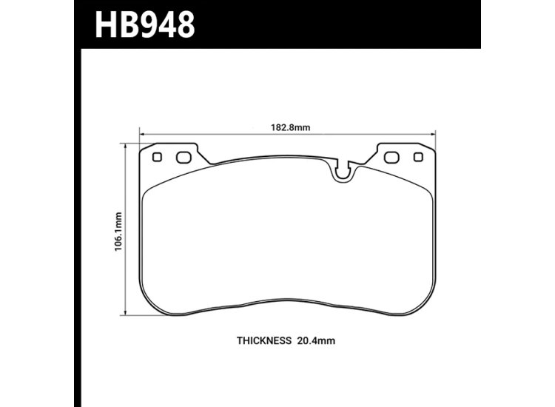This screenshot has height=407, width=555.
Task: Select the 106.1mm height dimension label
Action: tap(118, 230)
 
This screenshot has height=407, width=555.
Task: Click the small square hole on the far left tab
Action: tap(156, 157)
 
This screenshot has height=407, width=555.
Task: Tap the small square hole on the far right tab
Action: tap(418, 157)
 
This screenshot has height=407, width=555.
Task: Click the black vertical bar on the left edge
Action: tap(77, 222)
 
